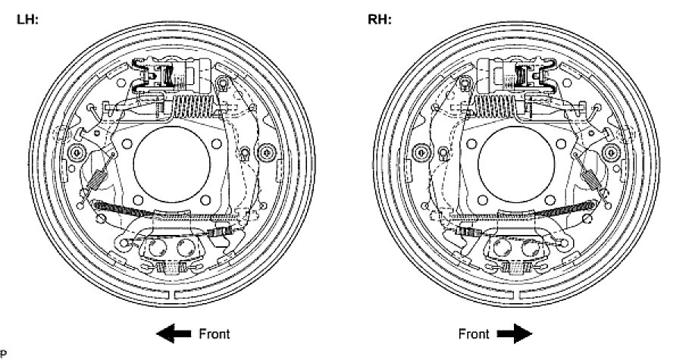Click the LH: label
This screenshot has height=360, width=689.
click(x=28, y=19)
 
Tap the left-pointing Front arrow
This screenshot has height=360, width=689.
click(x=173, y=333)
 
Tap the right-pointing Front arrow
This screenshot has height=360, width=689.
click(x=515, y=333)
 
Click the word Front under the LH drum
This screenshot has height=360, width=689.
click(x=213, y=333)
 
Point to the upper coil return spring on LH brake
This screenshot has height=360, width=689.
click(x=192, y=104)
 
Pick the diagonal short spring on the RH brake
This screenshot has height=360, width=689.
click(x=593, y=180)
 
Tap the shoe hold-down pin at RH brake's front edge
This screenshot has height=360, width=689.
click(x=612, y=155)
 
